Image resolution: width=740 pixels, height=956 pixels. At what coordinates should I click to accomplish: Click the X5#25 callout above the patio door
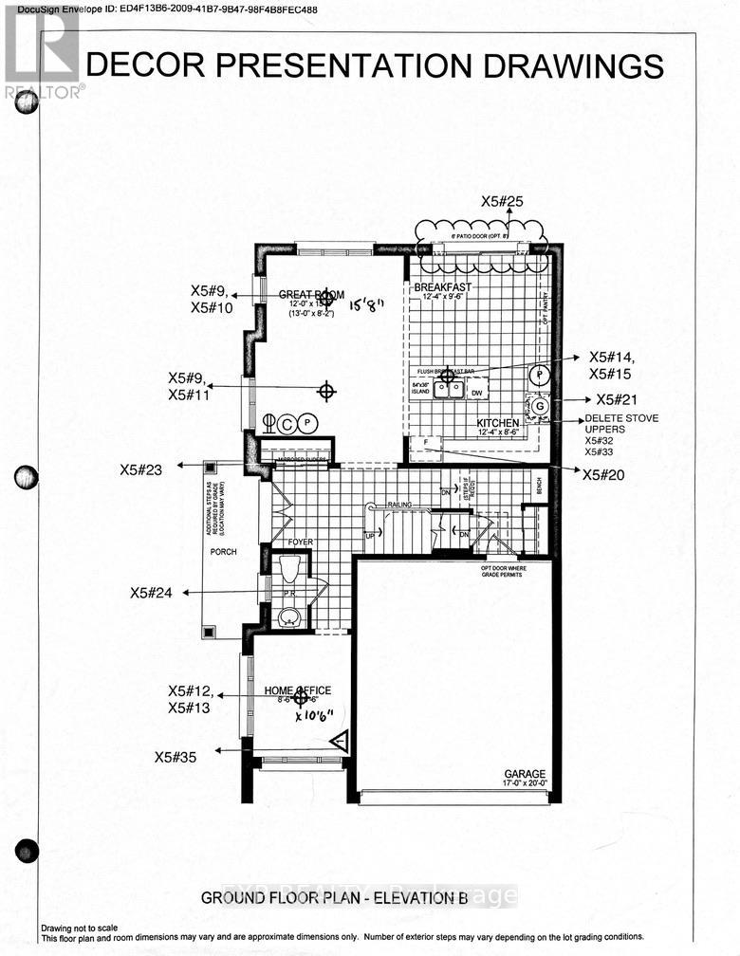point(502,201)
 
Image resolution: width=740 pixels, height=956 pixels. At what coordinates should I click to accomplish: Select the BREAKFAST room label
point(437,286)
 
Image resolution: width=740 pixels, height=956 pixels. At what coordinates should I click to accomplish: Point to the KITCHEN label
point(497,423)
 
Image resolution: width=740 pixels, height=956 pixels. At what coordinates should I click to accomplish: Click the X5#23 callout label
point(142,469)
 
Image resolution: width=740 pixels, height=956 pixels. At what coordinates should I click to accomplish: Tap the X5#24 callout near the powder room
point(152,593)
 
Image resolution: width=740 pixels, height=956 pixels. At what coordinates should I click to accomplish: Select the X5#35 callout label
point(177,756)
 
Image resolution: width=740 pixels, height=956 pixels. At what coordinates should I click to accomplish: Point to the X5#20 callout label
point(604,475)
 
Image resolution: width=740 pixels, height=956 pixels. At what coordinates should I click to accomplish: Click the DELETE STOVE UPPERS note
point(621,423)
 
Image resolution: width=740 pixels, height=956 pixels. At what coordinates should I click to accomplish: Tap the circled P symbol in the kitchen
point(538,374)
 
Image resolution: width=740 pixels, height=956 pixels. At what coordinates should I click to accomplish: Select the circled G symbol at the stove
point(540,407)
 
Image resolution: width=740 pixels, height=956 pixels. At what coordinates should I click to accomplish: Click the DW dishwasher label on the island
point(476,392)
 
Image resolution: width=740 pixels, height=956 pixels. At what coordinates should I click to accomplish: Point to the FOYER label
point(301,542)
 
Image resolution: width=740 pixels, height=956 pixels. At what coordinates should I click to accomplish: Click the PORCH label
point(224,551)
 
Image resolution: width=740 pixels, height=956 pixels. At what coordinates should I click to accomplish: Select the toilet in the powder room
point(290,569)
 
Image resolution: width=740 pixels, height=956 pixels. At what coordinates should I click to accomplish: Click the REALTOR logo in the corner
point(42,52)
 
